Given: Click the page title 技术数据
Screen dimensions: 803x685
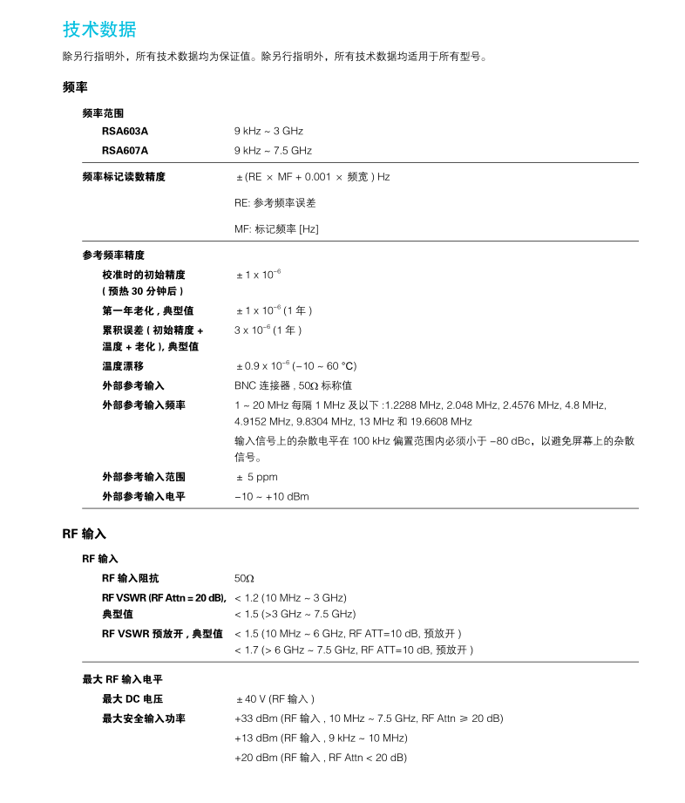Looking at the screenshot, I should (99, 29).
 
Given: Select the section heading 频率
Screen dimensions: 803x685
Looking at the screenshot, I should (75, 87).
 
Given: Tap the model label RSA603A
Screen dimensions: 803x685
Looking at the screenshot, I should (125, 131).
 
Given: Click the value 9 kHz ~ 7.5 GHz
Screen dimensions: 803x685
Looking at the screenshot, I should (273, 150).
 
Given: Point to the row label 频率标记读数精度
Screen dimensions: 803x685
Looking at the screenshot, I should (124, 176).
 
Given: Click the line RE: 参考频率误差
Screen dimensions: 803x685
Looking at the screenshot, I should (275, 202).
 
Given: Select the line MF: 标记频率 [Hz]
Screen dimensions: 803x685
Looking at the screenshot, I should (276, 228).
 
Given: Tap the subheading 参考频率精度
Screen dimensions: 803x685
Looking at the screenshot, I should (113, 255).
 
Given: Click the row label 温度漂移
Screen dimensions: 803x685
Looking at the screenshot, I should (123, 365).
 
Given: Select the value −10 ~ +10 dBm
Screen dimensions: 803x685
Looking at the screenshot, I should (271, 496).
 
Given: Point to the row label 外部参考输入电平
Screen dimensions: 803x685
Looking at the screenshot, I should (144, 496).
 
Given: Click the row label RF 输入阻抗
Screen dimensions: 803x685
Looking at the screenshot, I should (131, 578).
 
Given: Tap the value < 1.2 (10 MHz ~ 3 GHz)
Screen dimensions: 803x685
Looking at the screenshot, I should (290, 597).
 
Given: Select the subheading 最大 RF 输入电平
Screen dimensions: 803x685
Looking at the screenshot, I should (122, 679).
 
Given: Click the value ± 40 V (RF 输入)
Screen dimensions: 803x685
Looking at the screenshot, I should (275, 698).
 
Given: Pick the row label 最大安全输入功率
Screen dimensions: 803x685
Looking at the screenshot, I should (144, 718).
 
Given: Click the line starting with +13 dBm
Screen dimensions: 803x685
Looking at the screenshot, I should (321, 738).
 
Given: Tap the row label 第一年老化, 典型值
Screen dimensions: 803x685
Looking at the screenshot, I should (148, 310).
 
